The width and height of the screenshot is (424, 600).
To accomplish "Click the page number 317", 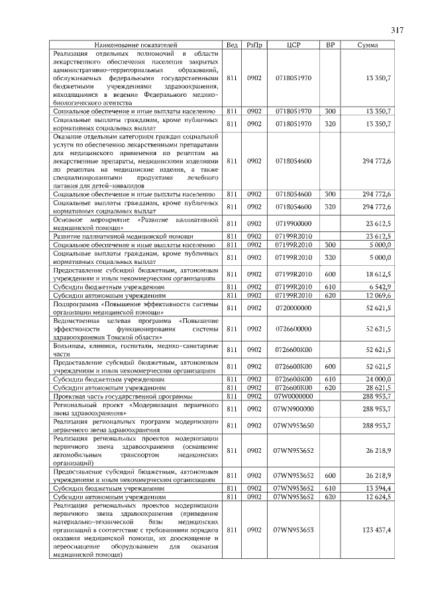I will (x=397, y=30).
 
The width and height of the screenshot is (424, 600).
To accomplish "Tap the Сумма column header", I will (x=368, y=45).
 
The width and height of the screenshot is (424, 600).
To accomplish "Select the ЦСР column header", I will (x=293, y=45).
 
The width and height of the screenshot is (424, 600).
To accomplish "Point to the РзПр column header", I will (x=254, y=45).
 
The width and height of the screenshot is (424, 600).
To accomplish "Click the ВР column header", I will (x=331, y=45).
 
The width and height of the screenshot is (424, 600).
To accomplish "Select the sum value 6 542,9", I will (x=379, y=286).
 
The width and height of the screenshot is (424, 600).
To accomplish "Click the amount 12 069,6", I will (x=379, y=295).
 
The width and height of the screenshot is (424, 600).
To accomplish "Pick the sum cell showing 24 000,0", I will (x=379, y=379).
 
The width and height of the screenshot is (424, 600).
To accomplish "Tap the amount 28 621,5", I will (x=379, y=387).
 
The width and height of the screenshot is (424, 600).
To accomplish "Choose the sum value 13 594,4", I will (x=379, y=488).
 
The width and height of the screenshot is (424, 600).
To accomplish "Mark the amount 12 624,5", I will (x=379, y=497).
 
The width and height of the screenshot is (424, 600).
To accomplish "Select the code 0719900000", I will (x=293, y=223).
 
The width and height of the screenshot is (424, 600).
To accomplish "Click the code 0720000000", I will (x=293, y=308).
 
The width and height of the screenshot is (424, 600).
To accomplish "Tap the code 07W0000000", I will (x=293, y=396).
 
